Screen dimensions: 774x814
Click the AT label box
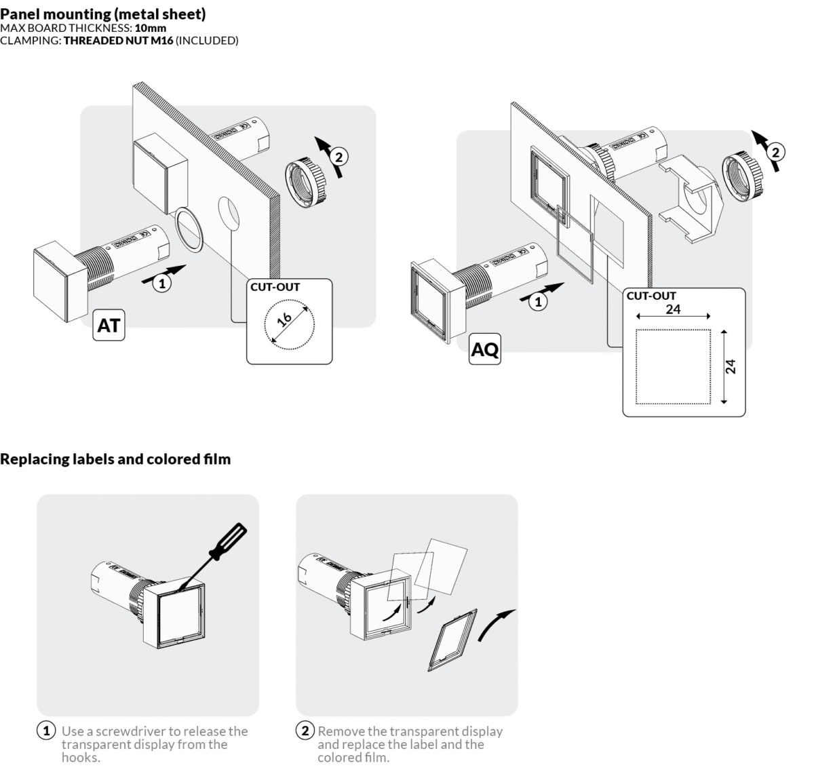tap(109, 326)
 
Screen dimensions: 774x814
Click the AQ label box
tap(485, 349)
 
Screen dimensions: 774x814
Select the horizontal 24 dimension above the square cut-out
tap(673, 309)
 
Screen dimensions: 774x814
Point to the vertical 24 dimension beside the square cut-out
tap(731, 366)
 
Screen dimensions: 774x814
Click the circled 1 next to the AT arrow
tap(161, 284)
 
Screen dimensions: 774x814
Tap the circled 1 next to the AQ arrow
tap(539, 302)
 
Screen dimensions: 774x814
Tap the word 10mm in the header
tap(151, 28)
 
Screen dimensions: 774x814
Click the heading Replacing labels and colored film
tap(115, 459)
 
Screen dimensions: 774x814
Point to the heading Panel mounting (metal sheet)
tap(103, 14)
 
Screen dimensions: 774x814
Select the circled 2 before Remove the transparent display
tap(305, 731)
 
